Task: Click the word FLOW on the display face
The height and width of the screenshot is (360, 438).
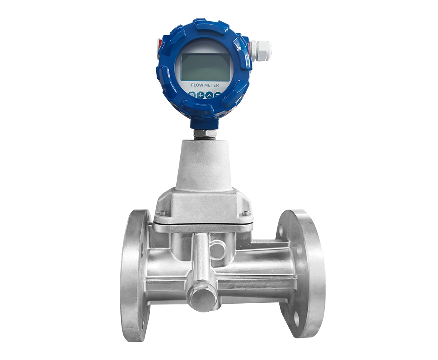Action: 197,85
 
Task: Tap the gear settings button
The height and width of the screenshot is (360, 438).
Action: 192,95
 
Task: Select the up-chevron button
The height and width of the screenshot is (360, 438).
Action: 209,95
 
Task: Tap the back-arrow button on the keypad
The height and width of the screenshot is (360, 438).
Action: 217,95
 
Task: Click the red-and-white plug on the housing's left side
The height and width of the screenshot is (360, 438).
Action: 159,44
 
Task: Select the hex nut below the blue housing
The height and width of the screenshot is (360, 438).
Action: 205,133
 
